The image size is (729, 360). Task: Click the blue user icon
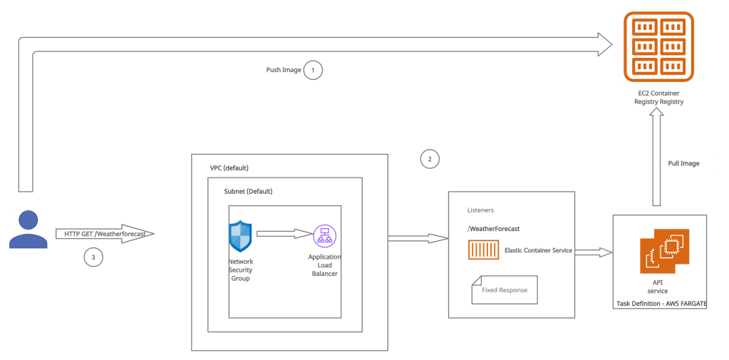(28, 229)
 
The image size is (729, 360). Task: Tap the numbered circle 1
(313, 70)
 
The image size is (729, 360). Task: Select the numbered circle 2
(429, 159)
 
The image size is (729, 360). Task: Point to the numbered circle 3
(92, 257)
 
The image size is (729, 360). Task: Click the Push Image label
(283, 71)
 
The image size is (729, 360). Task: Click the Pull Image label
(683, 164)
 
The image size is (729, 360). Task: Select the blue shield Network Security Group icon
(240, 236)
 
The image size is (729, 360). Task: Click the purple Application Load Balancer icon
(324, 235)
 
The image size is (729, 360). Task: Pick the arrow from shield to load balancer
(284, 233)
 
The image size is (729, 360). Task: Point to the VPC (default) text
(229, 168)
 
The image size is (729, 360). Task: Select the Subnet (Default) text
(248, 192)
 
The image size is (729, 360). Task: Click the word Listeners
(480, 210)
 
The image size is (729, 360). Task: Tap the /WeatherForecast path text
(493, 229)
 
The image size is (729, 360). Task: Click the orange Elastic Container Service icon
(484, 250)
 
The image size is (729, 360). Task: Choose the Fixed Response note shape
(504, 290)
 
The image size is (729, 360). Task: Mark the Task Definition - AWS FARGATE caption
(660, 304)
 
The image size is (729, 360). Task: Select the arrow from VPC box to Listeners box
(417, 238)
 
